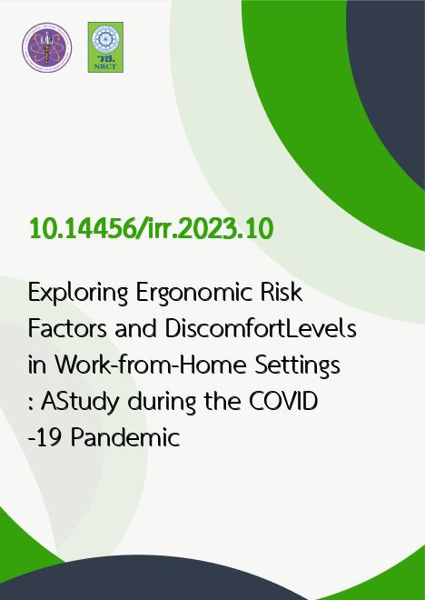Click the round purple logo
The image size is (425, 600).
46,47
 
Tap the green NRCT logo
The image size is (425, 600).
105,47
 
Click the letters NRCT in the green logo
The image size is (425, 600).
105,66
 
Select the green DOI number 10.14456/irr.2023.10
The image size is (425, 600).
152,229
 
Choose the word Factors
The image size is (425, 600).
67,329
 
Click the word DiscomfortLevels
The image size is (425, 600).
261,329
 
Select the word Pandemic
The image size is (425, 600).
125,437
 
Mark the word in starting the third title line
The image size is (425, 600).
37,365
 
